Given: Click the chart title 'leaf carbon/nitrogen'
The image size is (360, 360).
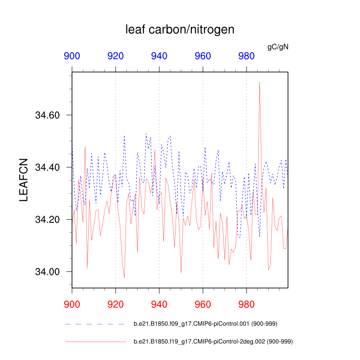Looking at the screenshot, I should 180,30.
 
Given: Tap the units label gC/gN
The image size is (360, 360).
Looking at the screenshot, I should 278,46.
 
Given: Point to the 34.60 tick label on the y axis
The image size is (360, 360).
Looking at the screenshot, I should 47,115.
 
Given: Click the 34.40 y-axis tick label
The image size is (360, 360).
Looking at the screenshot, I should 47,167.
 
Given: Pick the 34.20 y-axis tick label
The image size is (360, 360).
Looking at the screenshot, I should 47,220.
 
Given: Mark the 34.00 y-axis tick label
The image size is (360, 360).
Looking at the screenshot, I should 47,272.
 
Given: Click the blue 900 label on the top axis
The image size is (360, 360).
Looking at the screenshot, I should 72,56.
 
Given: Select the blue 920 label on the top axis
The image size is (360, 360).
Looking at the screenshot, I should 116,56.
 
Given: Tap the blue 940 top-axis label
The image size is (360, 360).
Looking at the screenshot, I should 159,56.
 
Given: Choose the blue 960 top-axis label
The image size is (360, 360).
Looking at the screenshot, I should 203,56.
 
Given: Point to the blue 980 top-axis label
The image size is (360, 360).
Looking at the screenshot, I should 246,56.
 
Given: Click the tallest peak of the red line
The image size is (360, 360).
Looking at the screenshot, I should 260,82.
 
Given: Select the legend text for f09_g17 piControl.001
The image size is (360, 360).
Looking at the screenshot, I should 211,324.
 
